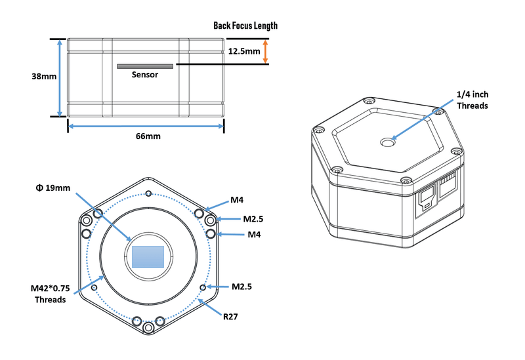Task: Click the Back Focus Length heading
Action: tap(245, 26)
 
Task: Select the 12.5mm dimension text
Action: tap(243, 50)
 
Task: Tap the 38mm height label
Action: tap(45, 77)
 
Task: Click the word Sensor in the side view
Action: tap(145, 75)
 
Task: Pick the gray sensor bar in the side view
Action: tap(145, 66)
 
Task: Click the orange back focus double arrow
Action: tap(265, 50)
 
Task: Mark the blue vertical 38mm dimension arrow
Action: tap(60, 77)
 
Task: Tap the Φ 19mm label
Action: tap(52, 188)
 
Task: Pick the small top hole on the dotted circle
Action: tap(149, 194)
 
